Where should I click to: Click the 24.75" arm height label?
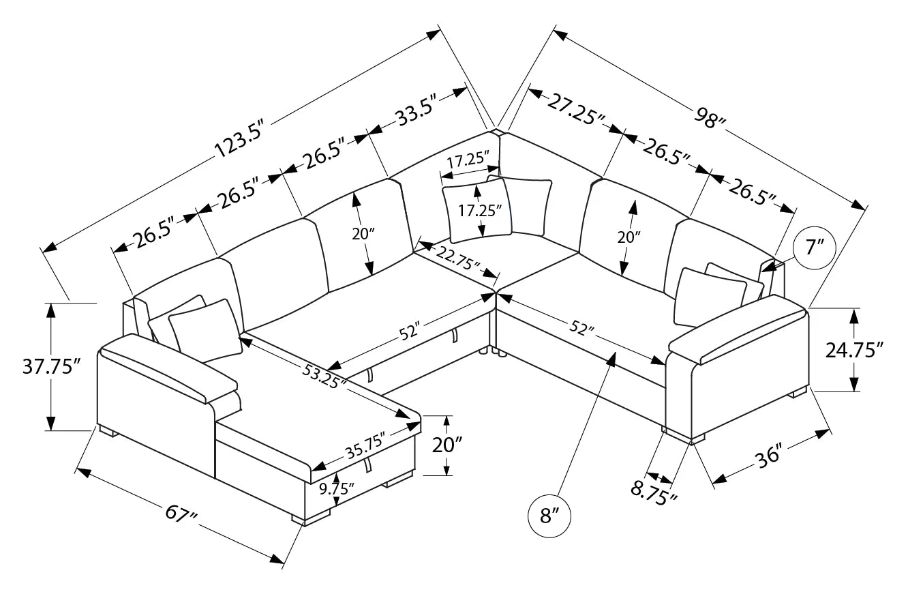[854, 350]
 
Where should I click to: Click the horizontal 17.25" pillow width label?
[469, 161]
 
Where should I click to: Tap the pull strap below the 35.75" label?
[369, 465]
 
